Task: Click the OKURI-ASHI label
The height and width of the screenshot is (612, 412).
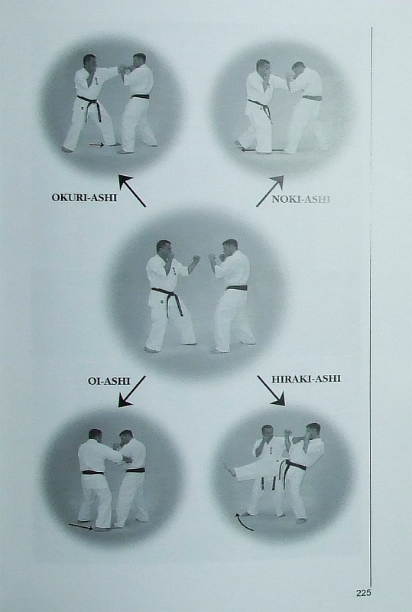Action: pos(84,197)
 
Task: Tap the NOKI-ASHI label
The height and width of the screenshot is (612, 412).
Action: pos(301,199)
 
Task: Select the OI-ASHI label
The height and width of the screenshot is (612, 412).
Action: pos(109,381)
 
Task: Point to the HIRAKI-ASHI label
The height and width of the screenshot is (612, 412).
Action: pos(307,379)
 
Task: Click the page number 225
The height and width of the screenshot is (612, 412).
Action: pos(363,593)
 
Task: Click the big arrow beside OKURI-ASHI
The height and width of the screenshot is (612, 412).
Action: pos(132,190)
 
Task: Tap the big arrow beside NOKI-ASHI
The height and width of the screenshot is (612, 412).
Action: pos(270,190)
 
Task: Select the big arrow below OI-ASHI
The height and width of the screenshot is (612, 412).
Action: pos(132,392)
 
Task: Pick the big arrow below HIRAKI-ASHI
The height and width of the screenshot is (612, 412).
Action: pos(271,391)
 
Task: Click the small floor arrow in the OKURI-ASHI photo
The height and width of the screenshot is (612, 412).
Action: pos(97,145)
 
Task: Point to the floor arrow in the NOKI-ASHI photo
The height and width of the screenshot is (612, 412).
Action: pos(261,149)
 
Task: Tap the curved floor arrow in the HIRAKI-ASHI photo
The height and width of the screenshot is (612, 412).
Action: pos(242,523)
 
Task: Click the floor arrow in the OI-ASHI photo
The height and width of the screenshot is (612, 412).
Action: pos(81,526)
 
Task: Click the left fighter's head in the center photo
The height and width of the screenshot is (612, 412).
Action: pos(164,247)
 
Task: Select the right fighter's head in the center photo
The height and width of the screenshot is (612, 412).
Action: pos(230,246)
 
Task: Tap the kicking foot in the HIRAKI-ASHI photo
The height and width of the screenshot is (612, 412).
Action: pos(231,470)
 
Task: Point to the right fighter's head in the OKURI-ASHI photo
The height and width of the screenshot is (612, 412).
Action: pos(139,60)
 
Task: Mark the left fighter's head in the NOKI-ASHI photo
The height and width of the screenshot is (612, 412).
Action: pos(263,67)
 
